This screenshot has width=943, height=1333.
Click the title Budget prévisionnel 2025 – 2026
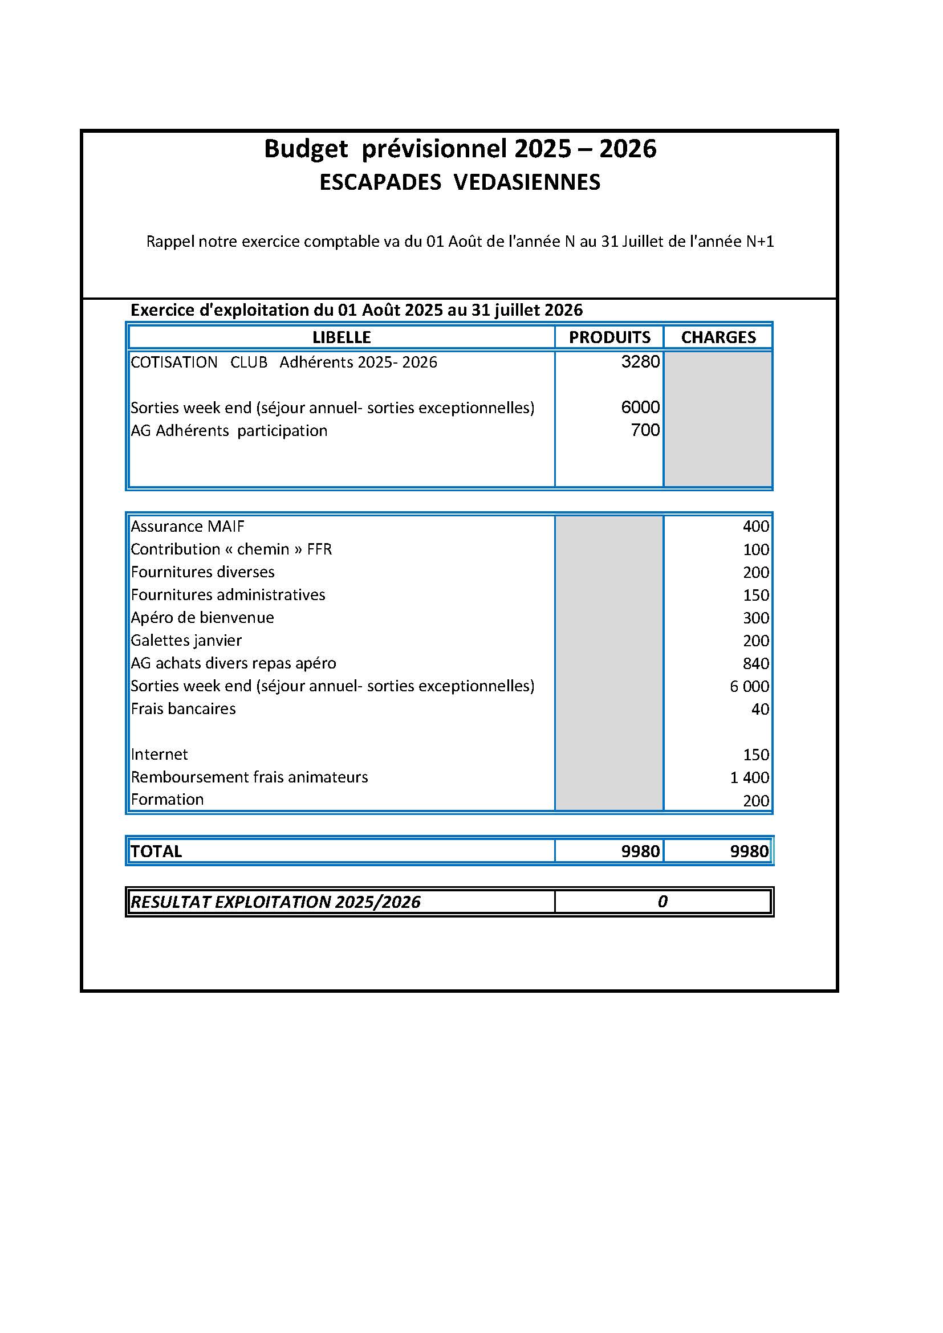[x=460, y=149]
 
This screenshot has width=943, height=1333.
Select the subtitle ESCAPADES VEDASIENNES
[x=460, y=182]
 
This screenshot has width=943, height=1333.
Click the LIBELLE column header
[x=342, y=337]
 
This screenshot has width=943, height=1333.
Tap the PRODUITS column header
[x=609, y=337]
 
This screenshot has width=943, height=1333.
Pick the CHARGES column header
[x=718, y=337]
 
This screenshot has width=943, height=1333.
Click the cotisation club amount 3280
[x=640, y=362]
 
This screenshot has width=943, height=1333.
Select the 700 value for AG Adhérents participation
[x=645, y=430]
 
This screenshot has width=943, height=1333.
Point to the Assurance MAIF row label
[x=188, y=526]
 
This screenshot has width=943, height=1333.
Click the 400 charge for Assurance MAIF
[x=755, y=527]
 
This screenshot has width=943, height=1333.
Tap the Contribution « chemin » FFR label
[x=231, y=549]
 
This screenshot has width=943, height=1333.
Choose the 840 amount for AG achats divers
[x=755, y=663]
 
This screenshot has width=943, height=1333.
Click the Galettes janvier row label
[x=186, y=641]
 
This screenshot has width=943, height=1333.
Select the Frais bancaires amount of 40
[x=759, y=709]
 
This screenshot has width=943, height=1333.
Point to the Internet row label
[x=160, y=754]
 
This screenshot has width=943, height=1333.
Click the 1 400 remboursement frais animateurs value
[x=749, y=777]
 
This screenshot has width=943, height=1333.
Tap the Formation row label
[x=167, y=800]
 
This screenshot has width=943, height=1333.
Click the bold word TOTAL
[x=156, y=851]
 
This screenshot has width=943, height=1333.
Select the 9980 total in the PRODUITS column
[x=640, y=851]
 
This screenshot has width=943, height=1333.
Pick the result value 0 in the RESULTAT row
[x=662, y=902]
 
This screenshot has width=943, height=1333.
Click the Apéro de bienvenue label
[x=202, y=617]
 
